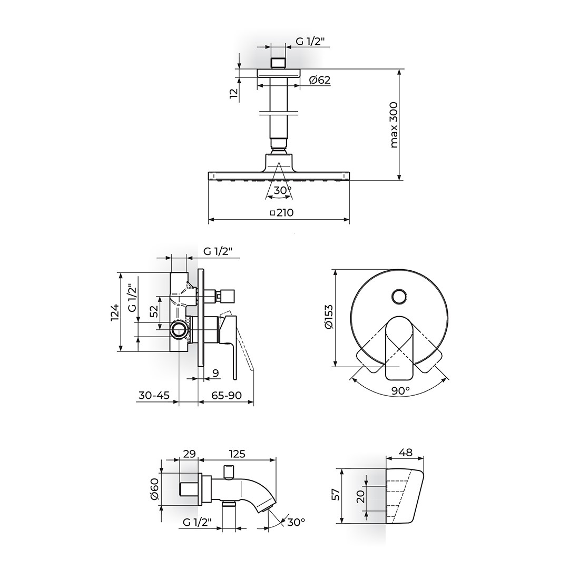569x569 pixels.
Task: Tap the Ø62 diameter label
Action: click(320, 80)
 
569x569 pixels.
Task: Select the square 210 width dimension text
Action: click(281, 212)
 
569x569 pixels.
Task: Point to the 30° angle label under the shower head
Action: click(283, 190)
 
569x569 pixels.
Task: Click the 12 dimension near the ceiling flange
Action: click(234, 93)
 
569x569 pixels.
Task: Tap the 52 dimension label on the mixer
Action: click(154, 311)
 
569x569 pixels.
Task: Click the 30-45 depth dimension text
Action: click(154, 395)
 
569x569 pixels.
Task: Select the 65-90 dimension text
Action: click(227, 395)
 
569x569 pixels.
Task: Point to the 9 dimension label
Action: click(215, 372)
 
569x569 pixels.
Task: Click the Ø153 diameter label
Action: click(329, 317)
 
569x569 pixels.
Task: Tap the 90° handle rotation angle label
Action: click(400, 391)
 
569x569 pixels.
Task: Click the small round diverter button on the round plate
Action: click(399, 297)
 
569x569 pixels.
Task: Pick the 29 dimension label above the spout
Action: click(189, 454)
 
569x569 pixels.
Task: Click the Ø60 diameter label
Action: click(154, 489)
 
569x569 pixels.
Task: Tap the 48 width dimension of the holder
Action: click(405, 453)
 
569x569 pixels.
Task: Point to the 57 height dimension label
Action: click(336, 494)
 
